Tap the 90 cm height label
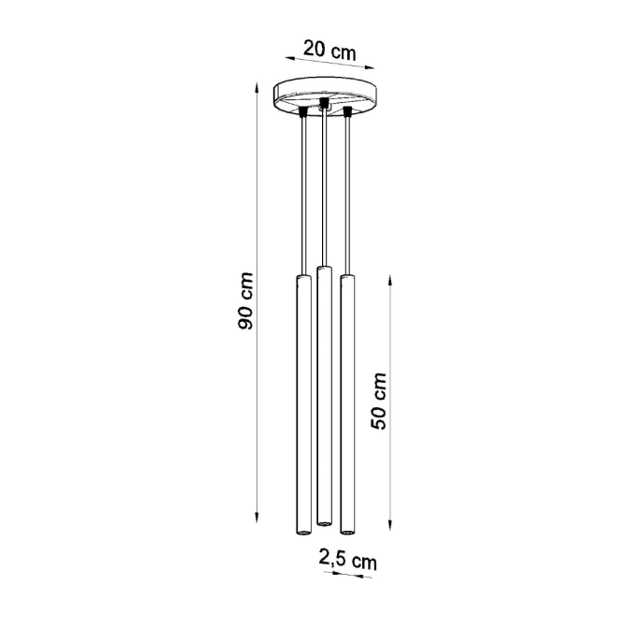coord(246,300)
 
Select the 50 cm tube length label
coord(379,401)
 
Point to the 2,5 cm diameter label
coord(347,561)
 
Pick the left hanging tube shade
coord(303,402)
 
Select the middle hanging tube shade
coord(325,393)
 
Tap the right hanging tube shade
coord(348,402)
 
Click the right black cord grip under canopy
coord(347,112)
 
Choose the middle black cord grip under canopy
coord(324,103)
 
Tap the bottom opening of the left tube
coord(303,532)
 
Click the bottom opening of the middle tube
coord(325,520)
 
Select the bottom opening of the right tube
coord(348,532)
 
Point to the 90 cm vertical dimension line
coord(256,300)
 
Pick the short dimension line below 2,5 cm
coord(342,576)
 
